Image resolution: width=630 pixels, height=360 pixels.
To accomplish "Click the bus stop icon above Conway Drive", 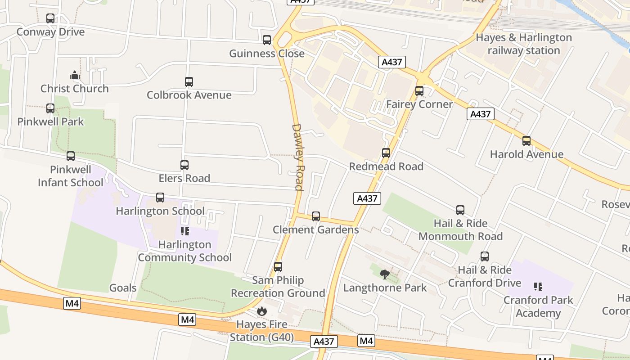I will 50,18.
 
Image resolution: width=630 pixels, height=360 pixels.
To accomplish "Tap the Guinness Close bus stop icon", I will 267,40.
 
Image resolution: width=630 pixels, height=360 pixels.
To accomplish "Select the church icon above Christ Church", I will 75,75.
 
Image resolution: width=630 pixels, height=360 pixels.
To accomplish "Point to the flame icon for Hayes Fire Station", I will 261,311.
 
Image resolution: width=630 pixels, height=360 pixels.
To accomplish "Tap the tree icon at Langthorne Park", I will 385,274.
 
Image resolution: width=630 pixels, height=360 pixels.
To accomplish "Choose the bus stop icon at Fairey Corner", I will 419,91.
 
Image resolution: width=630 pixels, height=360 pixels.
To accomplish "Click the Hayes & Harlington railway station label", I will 524,44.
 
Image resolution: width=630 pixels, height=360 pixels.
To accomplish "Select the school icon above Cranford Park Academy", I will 538,287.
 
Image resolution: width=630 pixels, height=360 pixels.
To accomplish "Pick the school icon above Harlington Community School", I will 184,231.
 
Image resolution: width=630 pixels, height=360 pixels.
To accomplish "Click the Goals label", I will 123,288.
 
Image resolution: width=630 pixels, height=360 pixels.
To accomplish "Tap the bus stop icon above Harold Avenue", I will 526,141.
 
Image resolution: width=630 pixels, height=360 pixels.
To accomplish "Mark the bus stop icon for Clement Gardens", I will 316,216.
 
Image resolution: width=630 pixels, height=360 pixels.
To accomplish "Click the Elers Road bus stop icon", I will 184,165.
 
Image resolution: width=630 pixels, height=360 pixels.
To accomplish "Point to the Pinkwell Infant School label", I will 71,176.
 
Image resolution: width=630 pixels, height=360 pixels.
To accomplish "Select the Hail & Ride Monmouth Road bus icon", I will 460,210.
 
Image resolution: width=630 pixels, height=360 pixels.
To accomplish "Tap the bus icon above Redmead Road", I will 386,153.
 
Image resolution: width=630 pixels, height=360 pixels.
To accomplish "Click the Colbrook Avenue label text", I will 189,95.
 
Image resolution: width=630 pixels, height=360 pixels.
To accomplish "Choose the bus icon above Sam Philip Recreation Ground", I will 278,267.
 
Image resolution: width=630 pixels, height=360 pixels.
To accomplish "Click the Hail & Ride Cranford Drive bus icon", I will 485,256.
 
